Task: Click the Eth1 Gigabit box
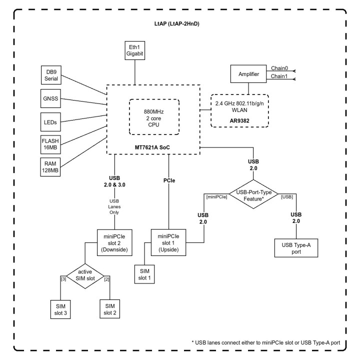[135, 50]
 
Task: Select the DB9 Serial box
[51, 75]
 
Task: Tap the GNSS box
[50, 98]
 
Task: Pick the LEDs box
[50, 122]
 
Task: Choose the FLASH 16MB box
[50, 144]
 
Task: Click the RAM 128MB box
[50, 167]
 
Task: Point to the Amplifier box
[248, 74]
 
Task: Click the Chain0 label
[279, 68]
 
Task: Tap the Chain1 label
[279, 76]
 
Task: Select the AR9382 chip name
[239, 121]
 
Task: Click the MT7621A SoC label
[152, 147]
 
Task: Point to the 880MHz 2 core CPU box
[154, 117]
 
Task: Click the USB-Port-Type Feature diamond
[253, 194]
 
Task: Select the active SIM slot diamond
[85, 275]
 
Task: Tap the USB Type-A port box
[296, 248]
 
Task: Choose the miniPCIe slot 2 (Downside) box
[114, 242]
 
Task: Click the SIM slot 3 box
[60, 309]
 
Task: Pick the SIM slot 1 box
[144, 274]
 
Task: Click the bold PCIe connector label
[169, 180]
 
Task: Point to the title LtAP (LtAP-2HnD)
[177, 23]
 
